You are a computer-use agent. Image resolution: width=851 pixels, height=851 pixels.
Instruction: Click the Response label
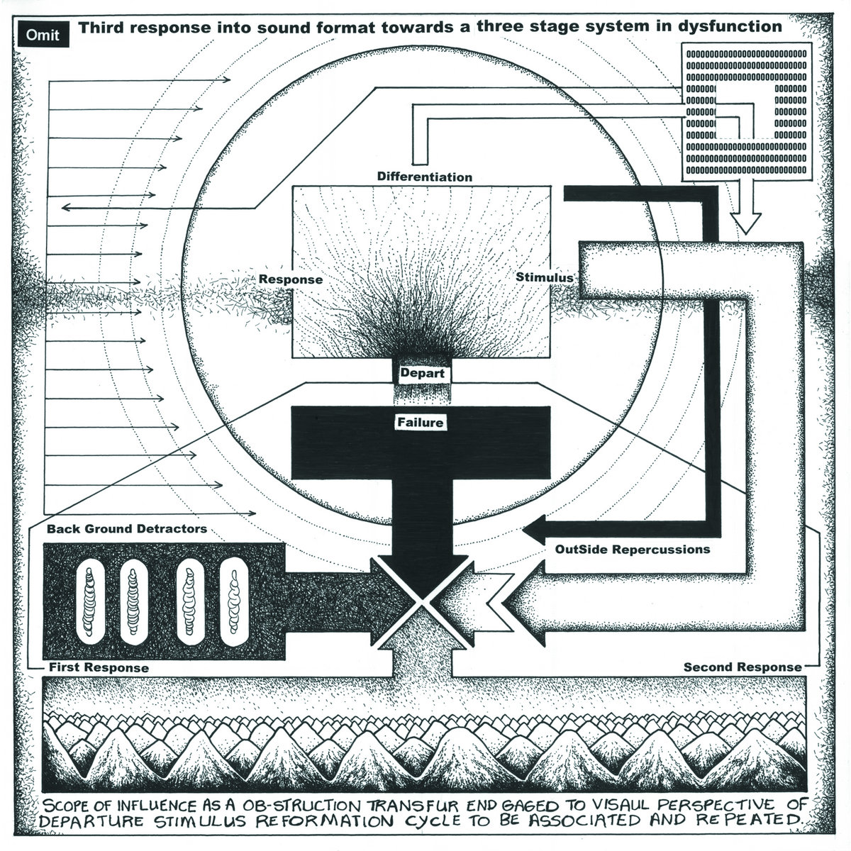(x=290, y=279)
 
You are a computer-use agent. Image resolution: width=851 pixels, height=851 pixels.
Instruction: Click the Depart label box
(x=423, y=373)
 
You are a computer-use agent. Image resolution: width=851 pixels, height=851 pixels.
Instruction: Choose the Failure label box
(x=423, y=423)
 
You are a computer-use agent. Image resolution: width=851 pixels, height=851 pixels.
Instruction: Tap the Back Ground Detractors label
(x=127, y=529)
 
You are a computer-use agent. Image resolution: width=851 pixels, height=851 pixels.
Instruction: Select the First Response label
(x=99, y=667)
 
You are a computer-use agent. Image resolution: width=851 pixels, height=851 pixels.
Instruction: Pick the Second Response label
(x=742, y=667)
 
